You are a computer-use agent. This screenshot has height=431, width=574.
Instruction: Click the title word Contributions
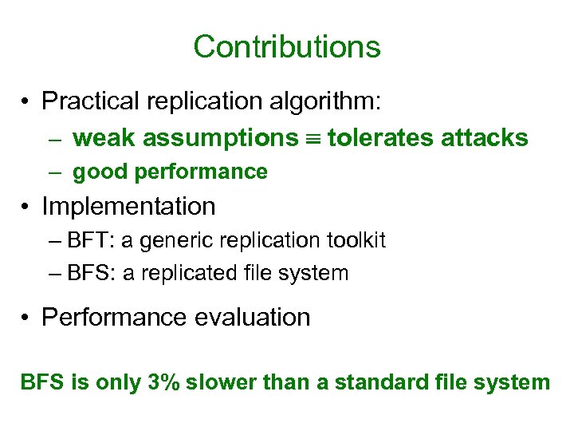click(x=287, y=46)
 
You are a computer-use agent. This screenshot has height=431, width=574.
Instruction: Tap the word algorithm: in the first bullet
click(x=336, y=101)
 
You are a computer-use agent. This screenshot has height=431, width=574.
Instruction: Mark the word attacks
click(x=485, y=138)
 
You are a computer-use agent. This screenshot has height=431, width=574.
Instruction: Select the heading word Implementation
click(x=128, y=207)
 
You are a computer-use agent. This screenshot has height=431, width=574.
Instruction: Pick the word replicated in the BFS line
click(x=190, y=273)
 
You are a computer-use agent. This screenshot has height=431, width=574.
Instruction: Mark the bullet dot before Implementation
click(x=27, y=208)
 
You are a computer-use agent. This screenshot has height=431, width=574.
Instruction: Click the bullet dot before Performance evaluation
click(x=27, y=318)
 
